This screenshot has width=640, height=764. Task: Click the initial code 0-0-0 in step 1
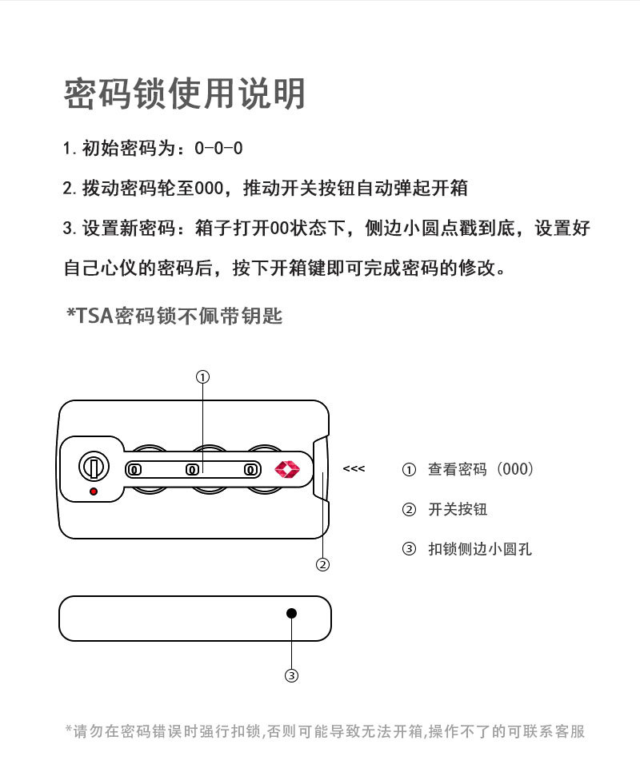[218, 149]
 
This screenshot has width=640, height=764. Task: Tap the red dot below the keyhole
[94, 491]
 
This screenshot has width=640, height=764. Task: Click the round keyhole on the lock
[93, 466]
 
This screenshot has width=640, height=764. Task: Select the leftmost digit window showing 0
[135, 470]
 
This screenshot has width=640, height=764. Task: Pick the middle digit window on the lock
[192, 470]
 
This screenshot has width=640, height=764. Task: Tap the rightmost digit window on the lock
[250, 470]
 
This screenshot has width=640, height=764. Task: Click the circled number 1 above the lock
[203, 376]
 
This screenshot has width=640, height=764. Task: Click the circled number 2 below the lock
[323, 565]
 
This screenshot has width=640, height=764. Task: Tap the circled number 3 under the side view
[292, 676]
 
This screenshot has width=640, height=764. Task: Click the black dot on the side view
[292, 613]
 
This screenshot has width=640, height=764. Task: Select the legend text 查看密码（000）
[480, 470]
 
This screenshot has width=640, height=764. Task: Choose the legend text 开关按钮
[458, 510]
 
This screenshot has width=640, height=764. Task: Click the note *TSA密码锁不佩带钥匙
[174, 316]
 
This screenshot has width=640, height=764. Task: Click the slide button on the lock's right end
[322, 470]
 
